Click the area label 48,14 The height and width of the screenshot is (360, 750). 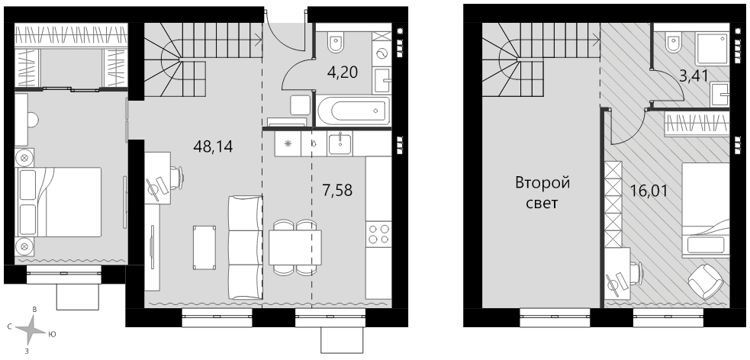[213, 146]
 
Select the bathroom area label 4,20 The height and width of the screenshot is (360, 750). [343, 72]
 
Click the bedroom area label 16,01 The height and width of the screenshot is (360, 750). [649, 191]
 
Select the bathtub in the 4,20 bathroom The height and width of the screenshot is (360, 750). [353, 111]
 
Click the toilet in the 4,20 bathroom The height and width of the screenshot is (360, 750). [335, 42]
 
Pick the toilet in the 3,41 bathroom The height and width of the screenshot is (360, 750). [675, 43]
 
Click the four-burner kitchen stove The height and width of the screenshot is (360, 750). [378, 234]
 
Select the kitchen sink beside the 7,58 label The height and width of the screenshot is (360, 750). [340, 143]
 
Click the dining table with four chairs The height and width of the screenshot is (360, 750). [295, 248]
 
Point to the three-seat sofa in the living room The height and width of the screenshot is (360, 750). [245, 247]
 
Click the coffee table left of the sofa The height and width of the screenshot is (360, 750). [204, 247]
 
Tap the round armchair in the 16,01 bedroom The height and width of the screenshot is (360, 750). [706, 281]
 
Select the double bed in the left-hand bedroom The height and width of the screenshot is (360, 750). [59, 202]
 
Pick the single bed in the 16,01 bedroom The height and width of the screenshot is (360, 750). [706, 211]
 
